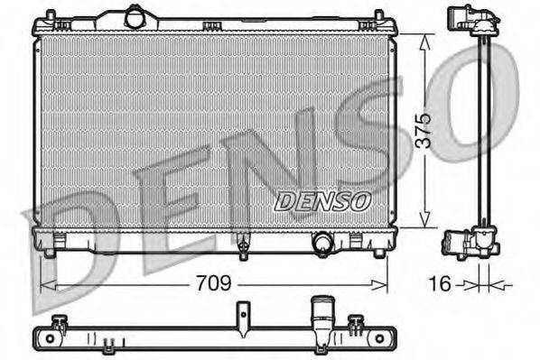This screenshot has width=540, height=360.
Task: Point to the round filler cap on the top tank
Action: tap(135, 16)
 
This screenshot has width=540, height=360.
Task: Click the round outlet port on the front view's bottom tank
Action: tap(321, 242)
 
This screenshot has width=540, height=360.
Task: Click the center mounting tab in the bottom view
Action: tap(242, 317)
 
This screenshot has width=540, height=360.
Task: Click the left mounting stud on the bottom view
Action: tap(60, 321)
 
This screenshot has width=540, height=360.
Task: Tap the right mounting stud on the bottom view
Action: tap(357, 321)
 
